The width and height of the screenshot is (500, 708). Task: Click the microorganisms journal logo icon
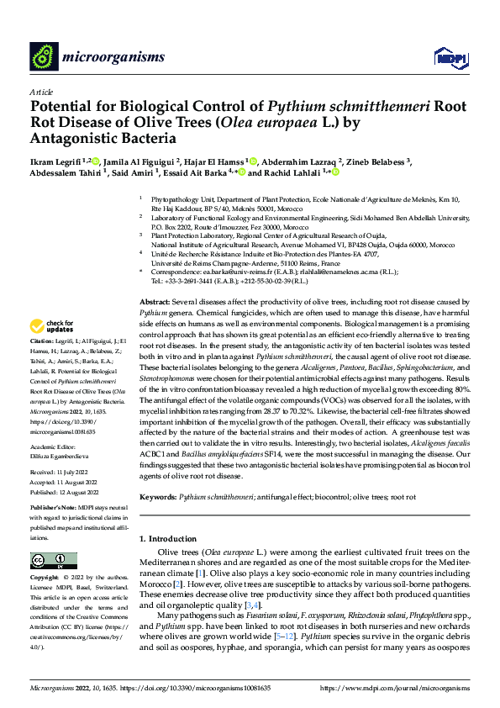click(43, 56)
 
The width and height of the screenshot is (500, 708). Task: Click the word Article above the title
click(41, 92)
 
